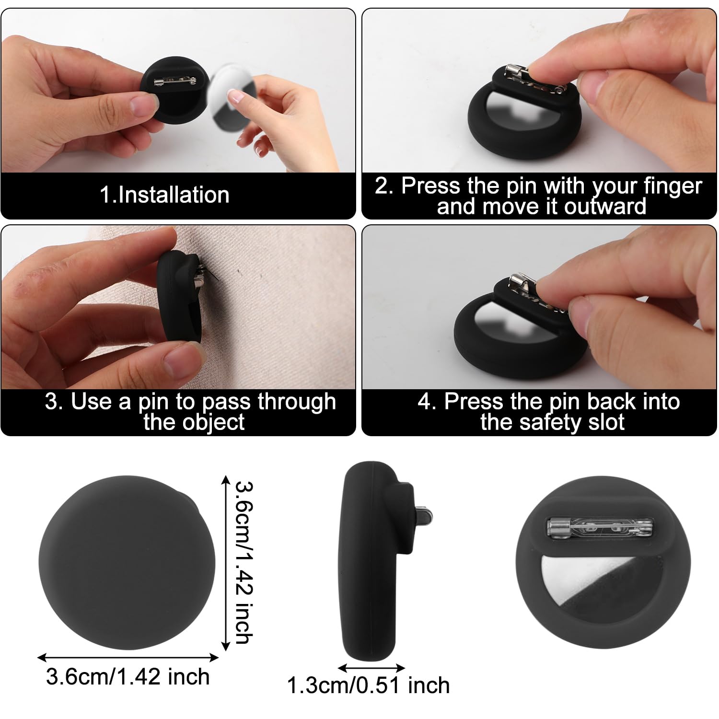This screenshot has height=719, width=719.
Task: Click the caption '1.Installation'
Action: pos(164,195)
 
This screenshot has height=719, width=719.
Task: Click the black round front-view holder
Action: pos(127,563)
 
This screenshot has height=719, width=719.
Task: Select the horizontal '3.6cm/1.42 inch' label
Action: pos(128,677)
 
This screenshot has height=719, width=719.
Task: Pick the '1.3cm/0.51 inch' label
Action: pos(368,685)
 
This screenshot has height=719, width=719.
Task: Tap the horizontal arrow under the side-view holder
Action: pos(371,667)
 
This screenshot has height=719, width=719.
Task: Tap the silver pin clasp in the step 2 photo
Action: pos(518,77)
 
